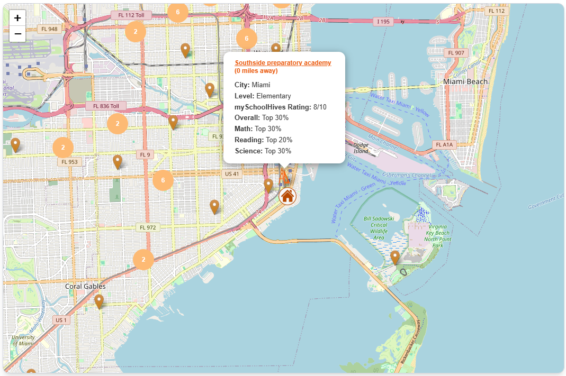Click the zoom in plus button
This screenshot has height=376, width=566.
pyautogui.click(x=17, y=17)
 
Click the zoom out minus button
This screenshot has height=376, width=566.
pyautogui.click(x=17, y=34)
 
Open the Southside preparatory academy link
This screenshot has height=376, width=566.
pyautogui.click(x=283, y=62)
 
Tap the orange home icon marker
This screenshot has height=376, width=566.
pyautogui.click(x=288, y=196)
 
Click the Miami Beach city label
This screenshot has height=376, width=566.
pyautogui.click(x=465, y=81)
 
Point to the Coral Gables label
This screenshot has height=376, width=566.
pyautogui.click(x=85, y=286)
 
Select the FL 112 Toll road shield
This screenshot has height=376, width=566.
pyautogui.click(x=131, y=15)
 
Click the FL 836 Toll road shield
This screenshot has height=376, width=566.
pyautogui.click(x=106, y=106)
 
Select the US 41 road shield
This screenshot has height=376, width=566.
pyautogui.click(x=232, y=173)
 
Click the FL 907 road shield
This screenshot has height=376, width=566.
pyautogui.click(x=456, y=53)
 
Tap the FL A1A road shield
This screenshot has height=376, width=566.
pyautogui.click(x=444, y=144)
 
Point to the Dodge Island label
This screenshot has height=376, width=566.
pyautogui.click(x=361, y=148)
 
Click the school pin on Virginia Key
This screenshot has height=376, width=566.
pyautogui.click(x=394, y=257)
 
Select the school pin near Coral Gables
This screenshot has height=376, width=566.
pyautogui.click(x=99, y=301)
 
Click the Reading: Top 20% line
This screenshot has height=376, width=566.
pyautogui.click(x=263, y=140)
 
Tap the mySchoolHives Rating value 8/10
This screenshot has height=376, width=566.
pyautogui.click(x=320, y=107)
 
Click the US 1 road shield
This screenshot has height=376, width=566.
pyautogui.click(x=61, y=320)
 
